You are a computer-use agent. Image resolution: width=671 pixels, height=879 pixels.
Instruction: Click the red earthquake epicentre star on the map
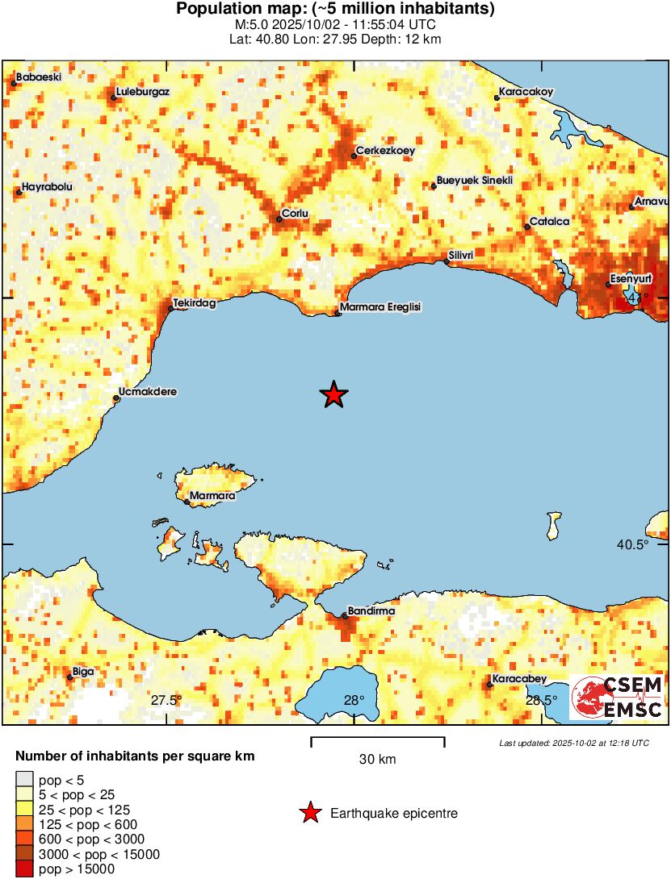point(333,394)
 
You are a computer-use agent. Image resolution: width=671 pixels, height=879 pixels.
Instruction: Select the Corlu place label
point(295,214)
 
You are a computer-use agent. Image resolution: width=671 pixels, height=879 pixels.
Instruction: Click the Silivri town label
point(459,255)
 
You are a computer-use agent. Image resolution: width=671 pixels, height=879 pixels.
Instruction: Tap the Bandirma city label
point(371,611)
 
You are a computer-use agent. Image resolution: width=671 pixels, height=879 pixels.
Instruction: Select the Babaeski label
point(39,77)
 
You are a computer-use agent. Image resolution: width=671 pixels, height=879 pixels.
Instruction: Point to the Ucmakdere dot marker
point(116,398)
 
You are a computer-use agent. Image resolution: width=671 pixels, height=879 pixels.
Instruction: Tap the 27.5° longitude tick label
point(166,700)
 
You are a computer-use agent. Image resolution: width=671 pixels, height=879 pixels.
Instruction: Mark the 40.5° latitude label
point(632,545)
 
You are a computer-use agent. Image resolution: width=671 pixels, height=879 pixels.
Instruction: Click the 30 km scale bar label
point(377,759)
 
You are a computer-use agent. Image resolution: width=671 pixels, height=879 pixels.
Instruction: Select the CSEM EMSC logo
point(618,698)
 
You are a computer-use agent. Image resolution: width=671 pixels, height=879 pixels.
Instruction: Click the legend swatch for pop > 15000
point(24,869)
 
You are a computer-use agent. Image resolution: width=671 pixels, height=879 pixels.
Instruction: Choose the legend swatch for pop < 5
point(24,780)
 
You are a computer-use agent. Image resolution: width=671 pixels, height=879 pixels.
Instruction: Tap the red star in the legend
point(309,814)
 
